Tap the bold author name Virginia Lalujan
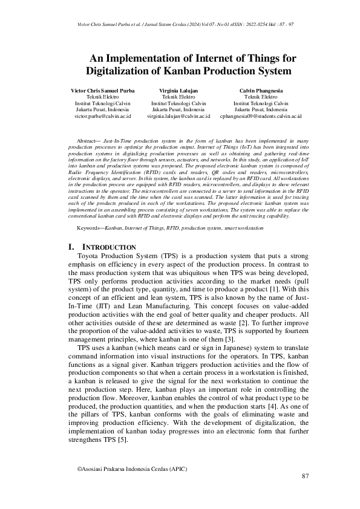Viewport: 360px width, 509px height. point(178,90)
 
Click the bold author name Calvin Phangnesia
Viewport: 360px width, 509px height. point(261,90)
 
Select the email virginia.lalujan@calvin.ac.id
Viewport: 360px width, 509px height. point(178,115)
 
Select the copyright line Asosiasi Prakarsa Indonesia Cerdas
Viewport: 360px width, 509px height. point(132,468)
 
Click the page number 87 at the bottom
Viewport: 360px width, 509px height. point(306,476)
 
